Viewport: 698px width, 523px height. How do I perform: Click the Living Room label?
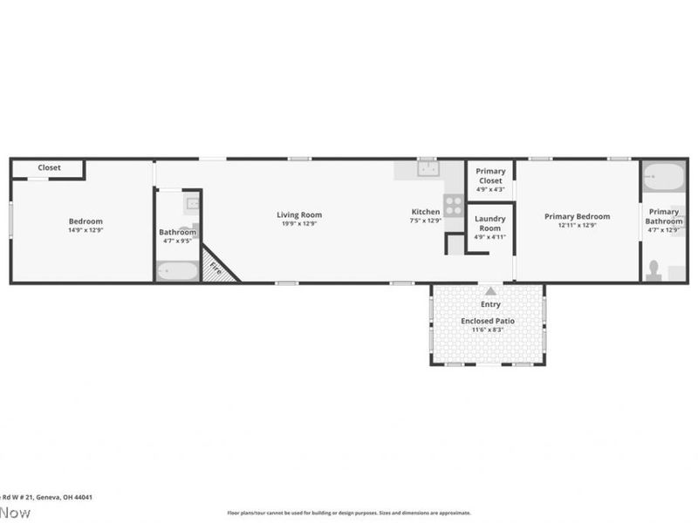tap(299, 214)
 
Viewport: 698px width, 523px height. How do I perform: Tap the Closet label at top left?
tap(49, 167)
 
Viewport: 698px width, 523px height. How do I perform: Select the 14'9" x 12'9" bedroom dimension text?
tap(86, 230)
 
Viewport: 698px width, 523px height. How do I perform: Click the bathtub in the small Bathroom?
tap(177, 271)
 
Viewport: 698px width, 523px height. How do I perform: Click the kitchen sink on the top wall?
tap(428, 169)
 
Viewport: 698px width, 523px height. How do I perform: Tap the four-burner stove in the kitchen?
tap(454, 206)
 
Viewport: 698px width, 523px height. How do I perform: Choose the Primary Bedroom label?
tap(577, 216)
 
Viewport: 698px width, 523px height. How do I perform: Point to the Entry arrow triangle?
tap(491, 291)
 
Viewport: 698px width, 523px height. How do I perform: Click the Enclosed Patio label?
tap(488, 321)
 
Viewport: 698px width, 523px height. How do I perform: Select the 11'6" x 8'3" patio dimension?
tap(488, 330)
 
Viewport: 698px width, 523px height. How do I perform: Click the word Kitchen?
tap(426, 212)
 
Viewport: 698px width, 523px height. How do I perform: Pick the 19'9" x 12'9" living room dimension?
tap(299, 224)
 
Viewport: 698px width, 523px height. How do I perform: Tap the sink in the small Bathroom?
tap(192, 205)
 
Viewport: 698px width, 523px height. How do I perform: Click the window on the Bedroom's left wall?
tap(10, 219)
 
